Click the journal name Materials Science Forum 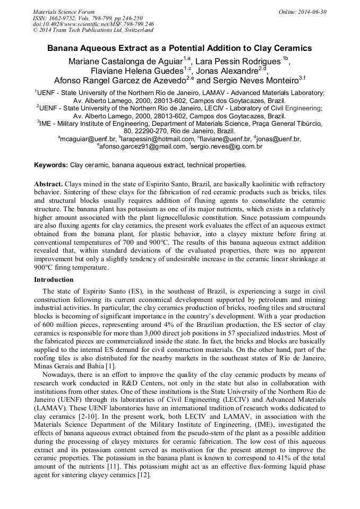point(64,11)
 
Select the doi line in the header point(93,24)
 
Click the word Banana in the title point(64,48)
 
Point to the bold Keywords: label point(51,165)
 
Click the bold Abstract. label point(49,183)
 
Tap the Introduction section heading point(54,279)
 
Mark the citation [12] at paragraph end point(144,476)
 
